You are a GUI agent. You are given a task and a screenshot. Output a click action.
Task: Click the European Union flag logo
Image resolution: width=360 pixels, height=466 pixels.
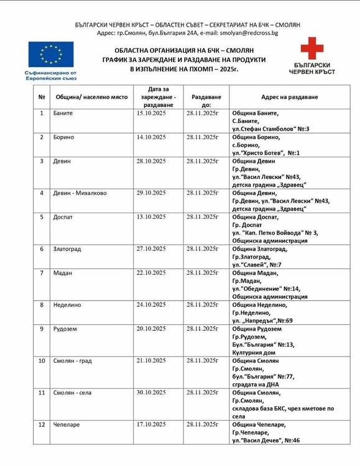tap(51, 55)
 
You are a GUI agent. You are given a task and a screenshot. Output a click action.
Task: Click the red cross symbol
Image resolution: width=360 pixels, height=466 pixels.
tap(312, 48)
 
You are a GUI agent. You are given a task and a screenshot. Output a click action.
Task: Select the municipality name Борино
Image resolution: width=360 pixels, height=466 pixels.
tap(64, 137)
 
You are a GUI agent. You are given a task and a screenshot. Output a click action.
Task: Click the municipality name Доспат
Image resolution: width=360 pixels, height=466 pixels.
tap(63, 217)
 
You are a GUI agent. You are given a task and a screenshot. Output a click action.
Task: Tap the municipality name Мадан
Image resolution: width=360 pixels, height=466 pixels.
tap(63, 273)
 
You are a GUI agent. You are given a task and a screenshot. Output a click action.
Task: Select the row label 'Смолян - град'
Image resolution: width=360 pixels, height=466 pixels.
tap(73, 360)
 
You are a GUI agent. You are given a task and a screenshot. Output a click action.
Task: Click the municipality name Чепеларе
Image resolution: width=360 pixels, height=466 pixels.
tap(67, 424)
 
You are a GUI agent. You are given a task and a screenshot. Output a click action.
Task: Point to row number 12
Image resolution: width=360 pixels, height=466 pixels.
tap(42, 424)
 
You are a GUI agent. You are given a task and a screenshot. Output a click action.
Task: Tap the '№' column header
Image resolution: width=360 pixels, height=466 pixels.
tap(42, 98)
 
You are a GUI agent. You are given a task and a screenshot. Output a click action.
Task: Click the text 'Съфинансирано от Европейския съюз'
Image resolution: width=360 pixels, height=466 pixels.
tap(51, 75)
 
